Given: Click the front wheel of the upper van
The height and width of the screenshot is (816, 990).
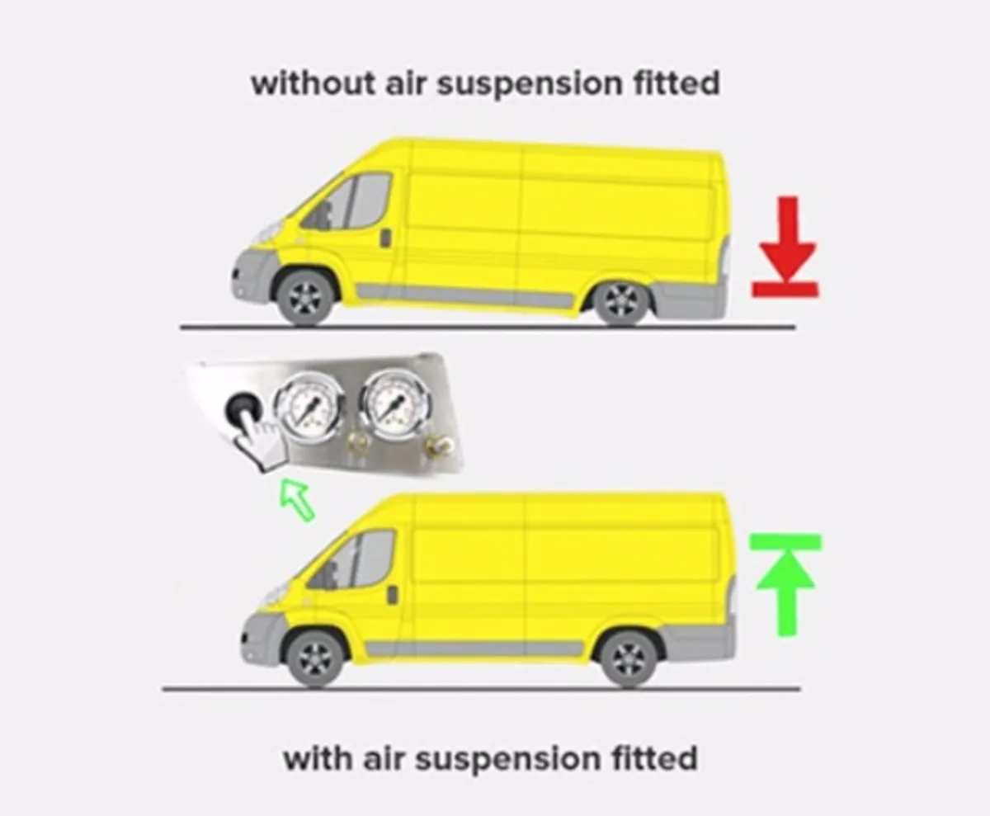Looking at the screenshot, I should point(306,296).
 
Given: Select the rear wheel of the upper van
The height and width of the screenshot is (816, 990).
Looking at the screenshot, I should point(621,301).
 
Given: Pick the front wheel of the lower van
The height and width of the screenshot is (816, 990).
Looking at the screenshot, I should point(314,658).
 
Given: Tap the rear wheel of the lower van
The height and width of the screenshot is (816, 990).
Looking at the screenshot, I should point(629,658).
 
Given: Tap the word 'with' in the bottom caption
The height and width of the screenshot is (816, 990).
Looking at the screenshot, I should point(314,757).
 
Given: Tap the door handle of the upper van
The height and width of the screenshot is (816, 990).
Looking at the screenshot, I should point(385,237).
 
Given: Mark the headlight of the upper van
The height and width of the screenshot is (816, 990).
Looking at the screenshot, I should point(271,230).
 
